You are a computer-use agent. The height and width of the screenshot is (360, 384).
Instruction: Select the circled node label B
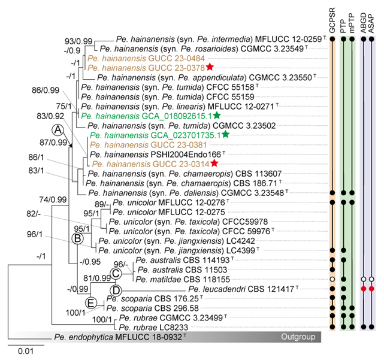point(77,238)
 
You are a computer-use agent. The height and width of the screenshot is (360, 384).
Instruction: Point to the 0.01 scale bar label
point(20,353)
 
